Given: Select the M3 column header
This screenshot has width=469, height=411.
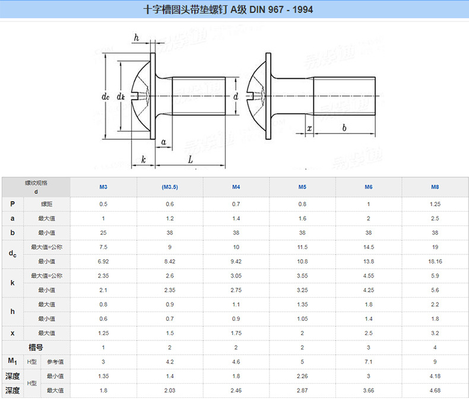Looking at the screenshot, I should (x=103, y=187).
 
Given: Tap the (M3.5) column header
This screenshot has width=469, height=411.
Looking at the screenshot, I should (x=170, y=187).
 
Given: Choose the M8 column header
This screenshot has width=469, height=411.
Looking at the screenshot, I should (x=435, y=187).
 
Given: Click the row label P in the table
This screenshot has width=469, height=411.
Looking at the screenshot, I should (x=12, y=204).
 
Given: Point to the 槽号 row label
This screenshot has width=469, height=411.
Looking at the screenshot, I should (x=36, y=347).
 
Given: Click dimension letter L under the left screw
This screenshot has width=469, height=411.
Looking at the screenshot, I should (x=190, y=160).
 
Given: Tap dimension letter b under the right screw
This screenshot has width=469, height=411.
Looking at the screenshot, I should (x=344, y=128).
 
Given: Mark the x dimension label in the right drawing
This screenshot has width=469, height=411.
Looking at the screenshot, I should (x=309, y=128).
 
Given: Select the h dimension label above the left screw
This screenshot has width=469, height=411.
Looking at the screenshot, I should (x=136, y=38).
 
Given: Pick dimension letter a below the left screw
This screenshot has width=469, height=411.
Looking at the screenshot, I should (x=163, y=142).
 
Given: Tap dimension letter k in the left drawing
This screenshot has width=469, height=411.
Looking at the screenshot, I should (x=143, y=160).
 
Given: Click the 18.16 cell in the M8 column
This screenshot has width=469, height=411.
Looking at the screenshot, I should (x=435, y=261).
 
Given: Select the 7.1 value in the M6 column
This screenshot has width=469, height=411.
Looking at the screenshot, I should (x=369, y=361).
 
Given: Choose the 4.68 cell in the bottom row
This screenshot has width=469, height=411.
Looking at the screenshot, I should (x=435, y=390).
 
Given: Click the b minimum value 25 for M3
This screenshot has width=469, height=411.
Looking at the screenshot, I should (x=103, y=232).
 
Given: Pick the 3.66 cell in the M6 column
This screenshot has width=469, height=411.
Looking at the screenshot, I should (x=369, y=390).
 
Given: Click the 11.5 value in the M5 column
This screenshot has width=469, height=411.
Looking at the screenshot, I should (x=302, y=247).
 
